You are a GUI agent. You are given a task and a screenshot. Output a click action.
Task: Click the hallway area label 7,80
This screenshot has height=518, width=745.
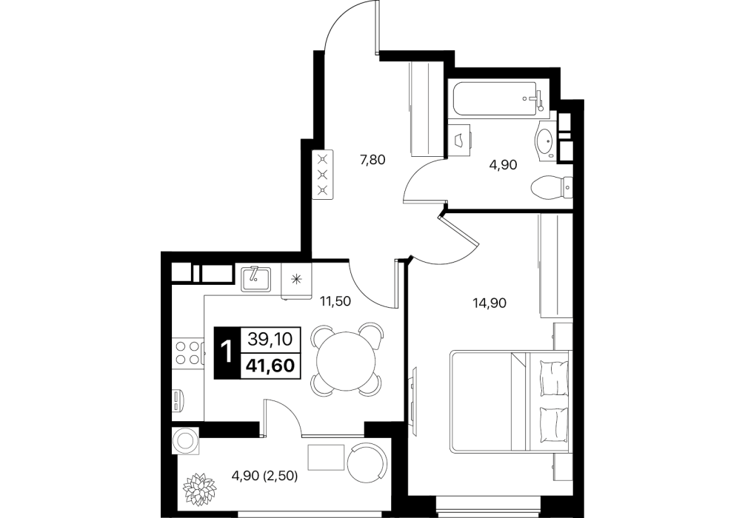372,160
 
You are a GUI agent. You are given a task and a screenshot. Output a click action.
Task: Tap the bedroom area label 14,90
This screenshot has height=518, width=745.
490,303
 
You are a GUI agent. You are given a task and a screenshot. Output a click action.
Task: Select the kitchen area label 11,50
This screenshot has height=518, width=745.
335,301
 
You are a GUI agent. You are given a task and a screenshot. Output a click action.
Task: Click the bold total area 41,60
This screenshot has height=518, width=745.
270,366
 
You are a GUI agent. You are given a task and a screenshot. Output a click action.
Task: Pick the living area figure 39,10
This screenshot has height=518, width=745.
270,339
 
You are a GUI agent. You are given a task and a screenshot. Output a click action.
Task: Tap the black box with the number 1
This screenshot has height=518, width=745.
227,353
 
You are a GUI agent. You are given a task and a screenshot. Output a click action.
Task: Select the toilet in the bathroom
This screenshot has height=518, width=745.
551,187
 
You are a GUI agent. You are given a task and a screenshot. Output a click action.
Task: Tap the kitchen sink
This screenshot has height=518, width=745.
256,278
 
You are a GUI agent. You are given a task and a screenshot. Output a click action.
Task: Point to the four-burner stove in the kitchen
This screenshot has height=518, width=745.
187,353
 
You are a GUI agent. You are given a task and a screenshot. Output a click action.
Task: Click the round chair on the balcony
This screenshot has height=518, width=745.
367,463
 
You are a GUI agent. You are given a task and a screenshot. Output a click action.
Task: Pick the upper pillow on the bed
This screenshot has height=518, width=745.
554,377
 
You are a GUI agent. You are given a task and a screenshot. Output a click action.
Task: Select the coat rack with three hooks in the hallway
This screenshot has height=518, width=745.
323,174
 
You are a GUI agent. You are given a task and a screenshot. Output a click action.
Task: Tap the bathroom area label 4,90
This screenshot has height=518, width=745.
503,165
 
